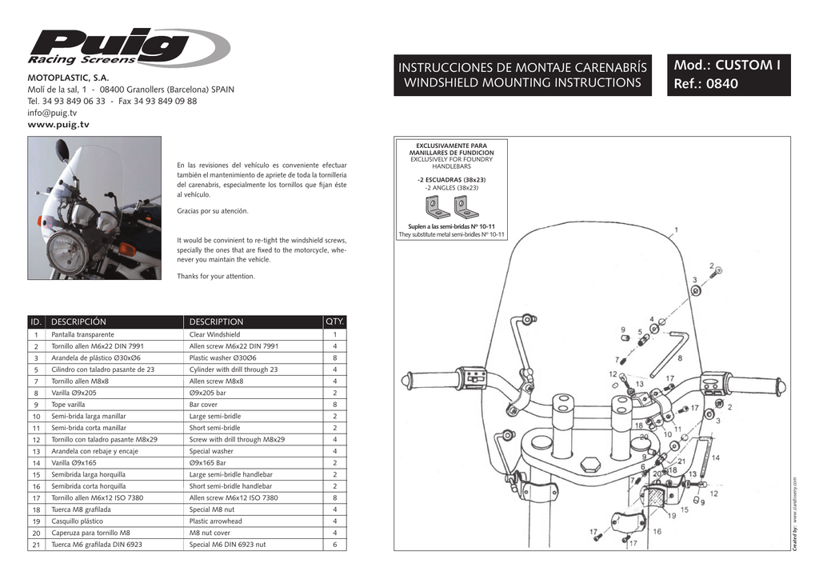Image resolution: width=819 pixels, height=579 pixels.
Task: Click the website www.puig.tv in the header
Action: (x=58, y=125)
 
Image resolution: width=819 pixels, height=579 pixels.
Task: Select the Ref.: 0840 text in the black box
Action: (x=706, y=84)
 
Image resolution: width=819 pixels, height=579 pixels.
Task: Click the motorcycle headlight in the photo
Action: (x=66, y=252)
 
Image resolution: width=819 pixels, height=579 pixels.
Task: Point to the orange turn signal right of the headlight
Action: (x=127, y=250)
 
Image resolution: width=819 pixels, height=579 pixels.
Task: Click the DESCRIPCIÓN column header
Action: (x=78, y=321)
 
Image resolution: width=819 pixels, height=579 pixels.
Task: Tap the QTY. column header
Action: (x=334, y=321)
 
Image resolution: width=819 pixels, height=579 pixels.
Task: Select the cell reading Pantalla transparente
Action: (x=82, y=334)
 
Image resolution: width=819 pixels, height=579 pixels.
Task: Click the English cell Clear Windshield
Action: (x=214, y=334)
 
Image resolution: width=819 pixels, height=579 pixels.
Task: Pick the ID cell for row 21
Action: (x=36, y=545)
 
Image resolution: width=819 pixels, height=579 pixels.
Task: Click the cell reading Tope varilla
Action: (x=68, y=405)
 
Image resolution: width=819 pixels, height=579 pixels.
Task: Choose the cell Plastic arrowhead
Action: (x=215, y=521)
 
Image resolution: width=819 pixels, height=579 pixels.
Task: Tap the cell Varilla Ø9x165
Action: (x=74, y=463)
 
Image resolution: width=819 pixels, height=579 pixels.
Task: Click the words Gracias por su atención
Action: (x=212, y=211)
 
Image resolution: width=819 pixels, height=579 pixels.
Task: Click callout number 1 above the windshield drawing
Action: (x=677, y=230)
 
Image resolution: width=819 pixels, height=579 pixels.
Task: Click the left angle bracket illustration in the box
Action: (x=437, y=207)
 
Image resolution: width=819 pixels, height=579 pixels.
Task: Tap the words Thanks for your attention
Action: (x=215, y=276)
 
